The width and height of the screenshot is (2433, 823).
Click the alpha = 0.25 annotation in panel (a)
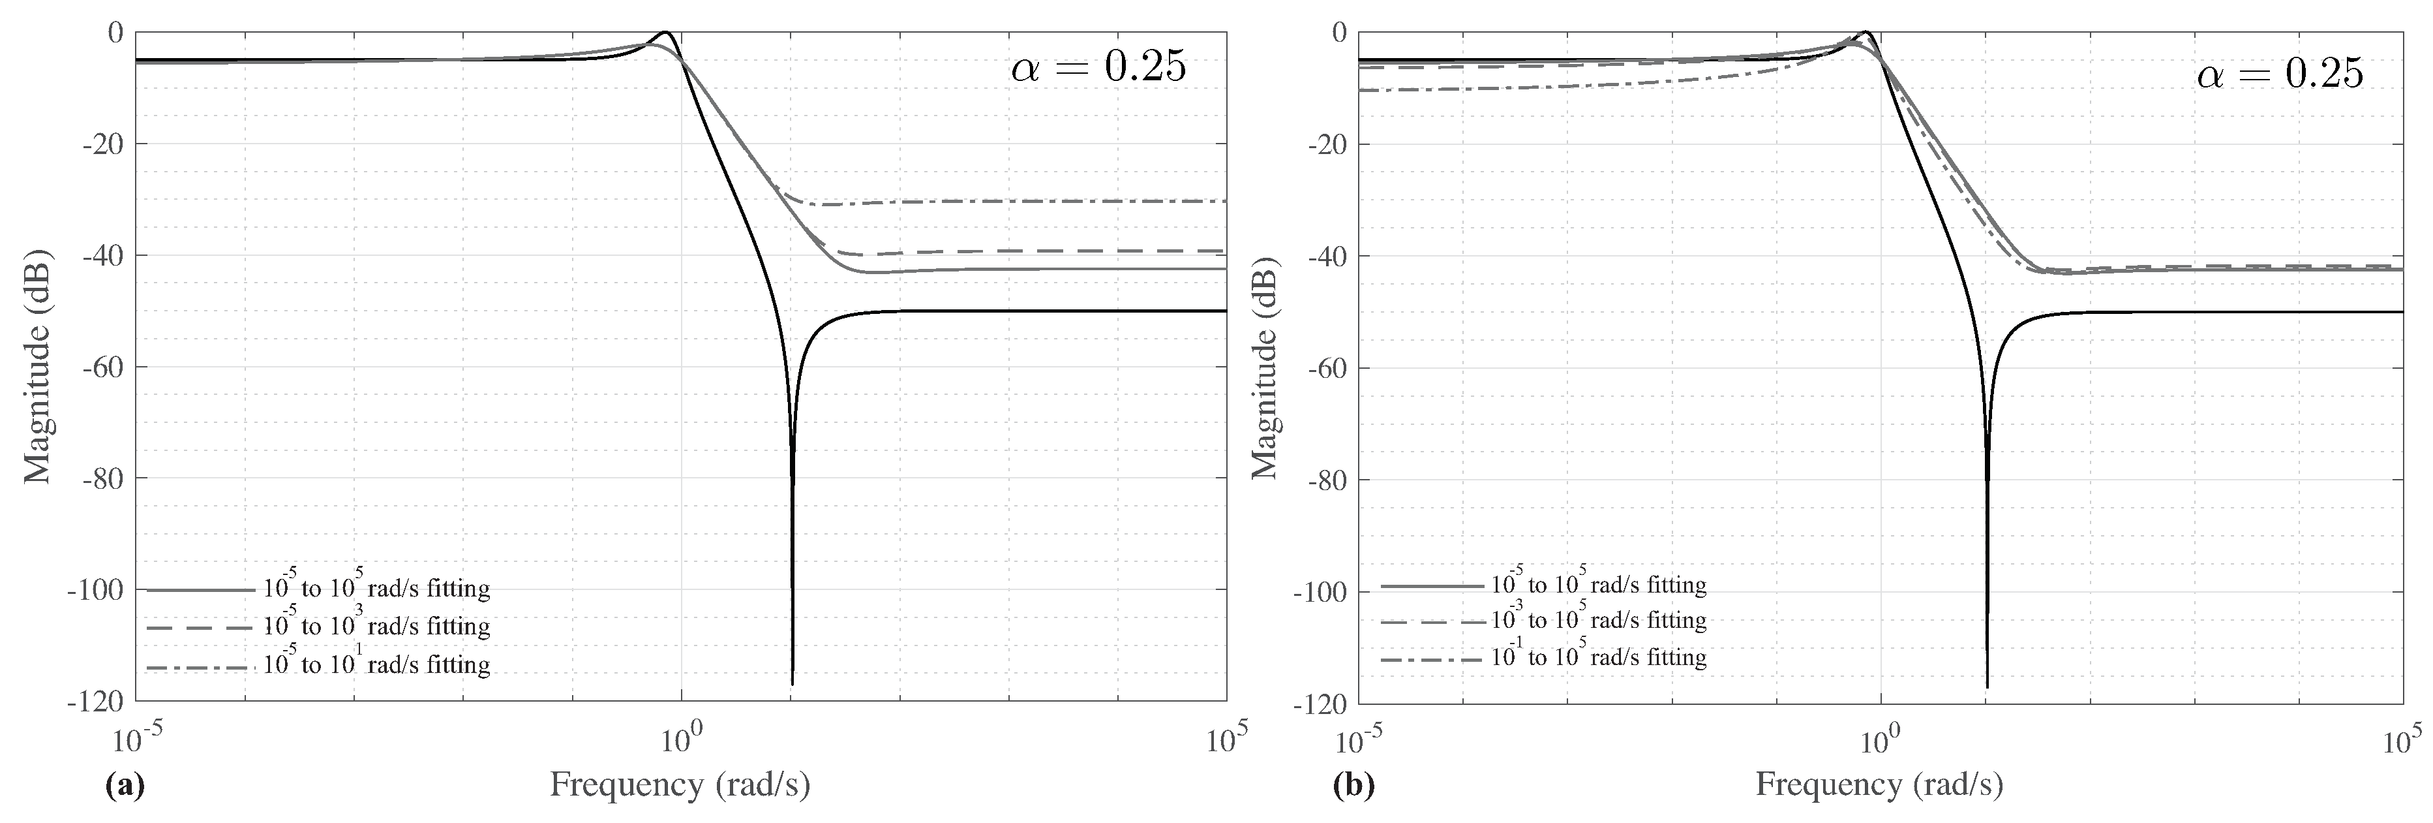tap(1098, 69)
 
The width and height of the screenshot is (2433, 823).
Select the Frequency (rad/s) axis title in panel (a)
tap(680, 784)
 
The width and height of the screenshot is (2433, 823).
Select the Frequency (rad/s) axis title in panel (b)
tap(1879, 784)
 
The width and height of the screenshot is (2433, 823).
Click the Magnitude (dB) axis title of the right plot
tap(1263, 367)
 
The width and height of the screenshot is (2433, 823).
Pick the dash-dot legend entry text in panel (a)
tap(376, 664)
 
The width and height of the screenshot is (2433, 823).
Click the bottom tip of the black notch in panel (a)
tap(793, 682)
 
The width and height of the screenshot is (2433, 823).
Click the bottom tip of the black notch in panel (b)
tap(1987, 686)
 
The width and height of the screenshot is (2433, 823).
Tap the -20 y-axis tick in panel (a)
tap(104, 144)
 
